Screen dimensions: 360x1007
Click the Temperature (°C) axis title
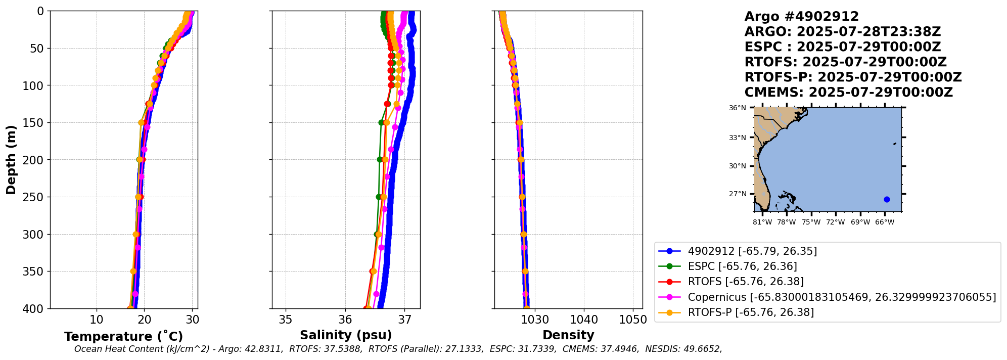(123, 337)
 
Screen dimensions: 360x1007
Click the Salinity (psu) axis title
(346, 335)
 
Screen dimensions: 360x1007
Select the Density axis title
(568, 335)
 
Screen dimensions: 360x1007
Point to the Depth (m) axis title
(11, 160)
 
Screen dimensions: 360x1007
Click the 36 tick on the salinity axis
(345, 320)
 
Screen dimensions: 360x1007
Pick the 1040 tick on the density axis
(584, 320)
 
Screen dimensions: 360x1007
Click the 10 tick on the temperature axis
(97, 320)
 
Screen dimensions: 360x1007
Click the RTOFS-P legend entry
(751, 312)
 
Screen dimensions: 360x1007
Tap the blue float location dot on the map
(887, 199)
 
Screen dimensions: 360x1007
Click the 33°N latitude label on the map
(737, 138)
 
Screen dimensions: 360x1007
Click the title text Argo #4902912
(801, 17)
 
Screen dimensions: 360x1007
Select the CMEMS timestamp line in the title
(848, 93)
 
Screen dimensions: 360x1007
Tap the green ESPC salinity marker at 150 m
(382, 122)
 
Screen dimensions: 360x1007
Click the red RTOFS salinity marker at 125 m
(387, 104)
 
